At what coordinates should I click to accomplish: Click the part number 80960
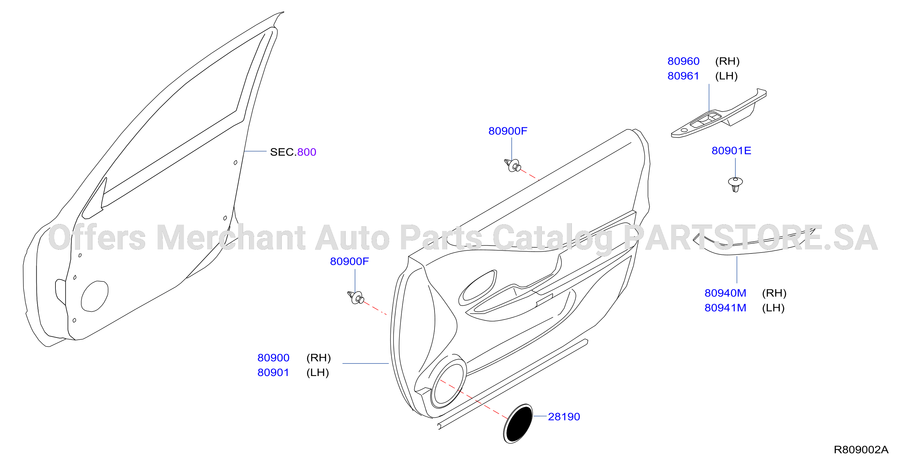coord(683,61)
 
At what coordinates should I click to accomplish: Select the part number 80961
coord(683,76)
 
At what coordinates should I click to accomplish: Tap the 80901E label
coord(731,151)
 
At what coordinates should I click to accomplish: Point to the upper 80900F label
coord(508,131)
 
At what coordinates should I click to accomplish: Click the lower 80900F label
coord(349,262)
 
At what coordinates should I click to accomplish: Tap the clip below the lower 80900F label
coord(356,297)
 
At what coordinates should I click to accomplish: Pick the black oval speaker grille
coord(518,424)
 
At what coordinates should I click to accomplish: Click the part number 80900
coord(273,358)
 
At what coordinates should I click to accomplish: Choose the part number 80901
coord(273,373)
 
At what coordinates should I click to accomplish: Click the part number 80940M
coord(725,293)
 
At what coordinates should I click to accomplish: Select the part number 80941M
coord(725,308)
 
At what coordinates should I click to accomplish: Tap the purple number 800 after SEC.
coord(307,152)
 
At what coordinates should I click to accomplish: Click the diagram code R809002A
coord(861,450)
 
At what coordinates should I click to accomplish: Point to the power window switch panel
coord(718,113)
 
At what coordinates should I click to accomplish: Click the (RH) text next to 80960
coord(727,61)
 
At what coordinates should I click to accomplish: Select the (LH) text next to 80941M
coord(773,308)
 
